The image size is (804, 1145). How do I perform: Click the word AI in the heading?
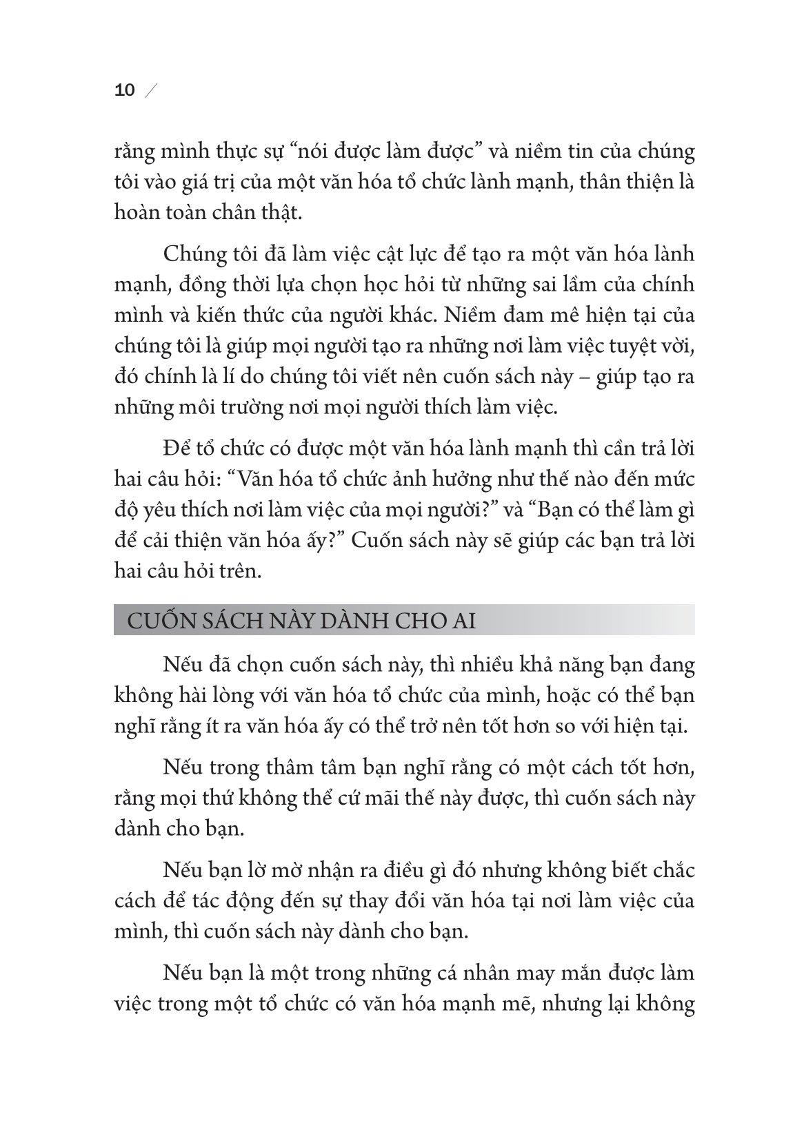(x=464, y=620)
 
